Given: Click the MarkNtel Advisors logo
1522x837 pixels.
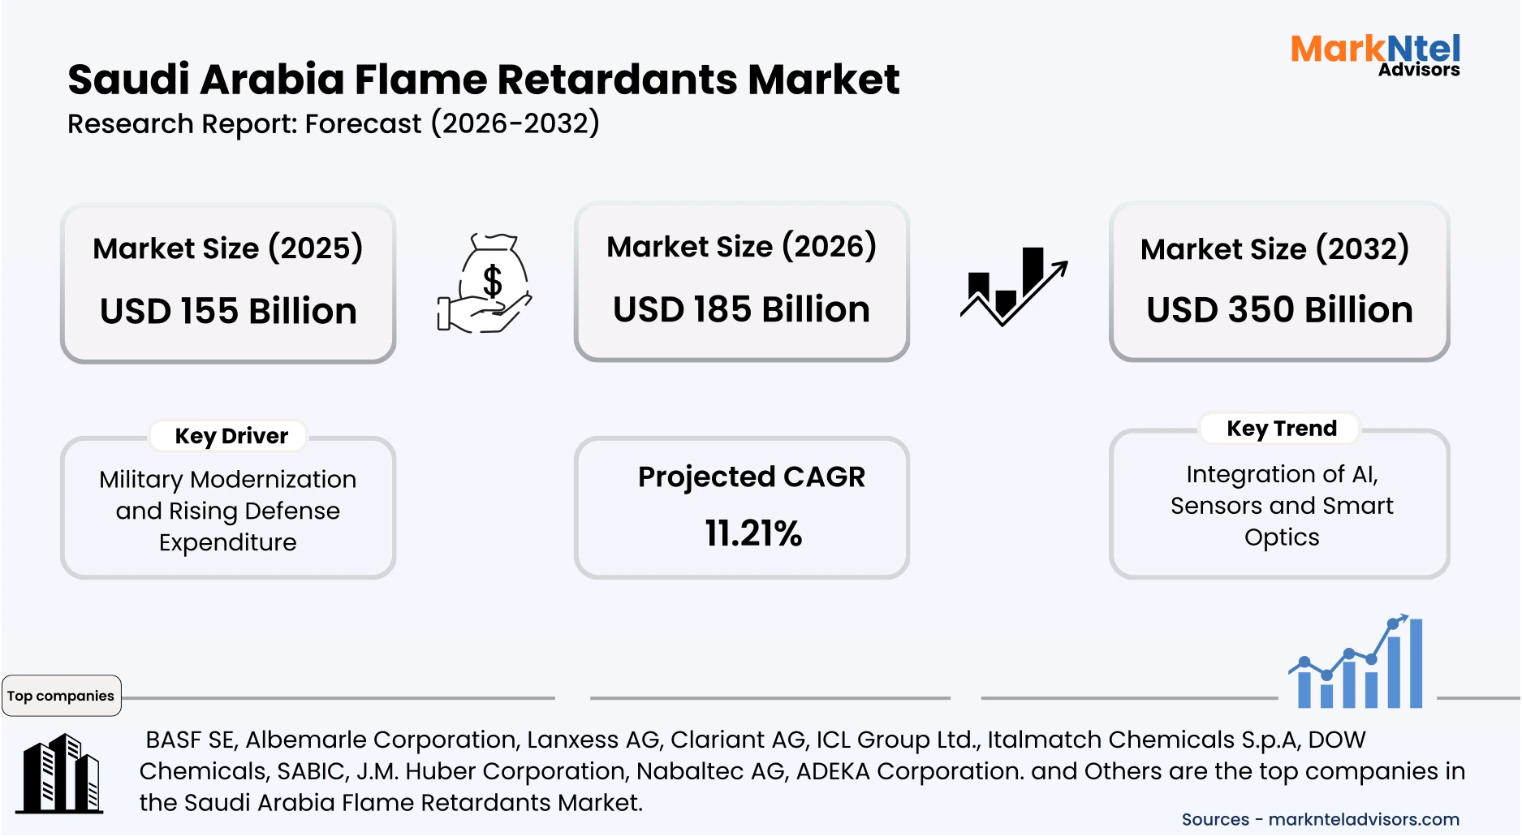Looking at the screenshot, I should pos(1375,54).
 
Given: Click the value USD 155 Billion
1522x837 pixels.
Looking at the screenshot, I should pos(228,311).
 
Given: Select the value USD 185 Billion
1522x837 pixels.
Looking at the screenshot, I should pos(741,309).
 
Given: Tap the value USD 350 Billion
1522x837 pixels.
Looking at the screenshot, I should pos(1279,309).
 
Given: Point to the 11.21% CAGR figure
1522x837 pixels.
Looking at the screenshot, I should pos(752,533).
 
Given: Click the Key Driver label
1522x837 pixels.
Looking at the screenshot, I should pos(231,436).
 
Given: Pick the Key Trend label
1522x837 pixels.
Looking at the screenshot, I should pos(1281,428).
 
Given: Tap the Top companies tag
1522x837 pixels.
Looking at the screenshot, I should pos(61,696).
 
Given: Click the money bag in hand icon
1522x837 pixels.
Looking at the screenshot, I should pos(485,283).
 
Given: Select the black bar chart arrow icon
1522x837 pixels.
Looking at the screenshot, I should pos(1014,287).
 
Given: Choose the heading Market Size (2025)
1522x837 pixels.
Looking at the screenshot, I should pos(227,248).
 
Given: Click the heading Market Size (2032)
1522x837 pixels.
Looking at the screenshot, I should pos(1274,248).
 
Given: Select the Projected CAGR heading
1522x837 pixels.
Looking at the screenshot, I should pos(751,477).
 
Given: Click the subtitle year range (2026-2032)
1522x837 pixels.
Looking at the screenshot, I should pos(515,123).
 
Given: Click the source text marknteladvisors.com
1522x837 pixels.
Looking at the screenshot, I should pos(1364,819).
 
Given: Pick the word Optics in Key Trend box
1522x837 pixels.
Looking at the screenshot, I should pos(1282,537).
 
